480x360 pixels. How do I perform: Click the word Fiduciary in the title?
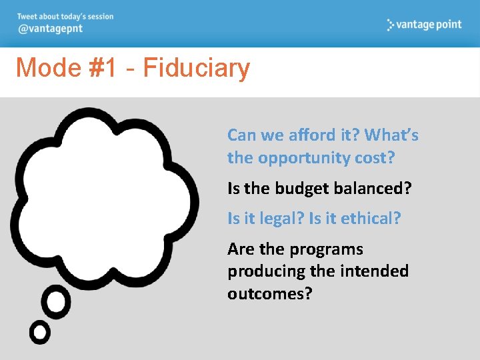coord(197,68)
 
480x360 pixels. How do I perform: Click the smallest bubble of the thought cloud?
coord(40,332)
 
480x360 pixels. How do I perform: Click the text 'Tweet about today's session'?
coord(65,17)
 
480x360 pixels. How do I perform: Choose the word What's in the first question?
coord(391,135)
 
